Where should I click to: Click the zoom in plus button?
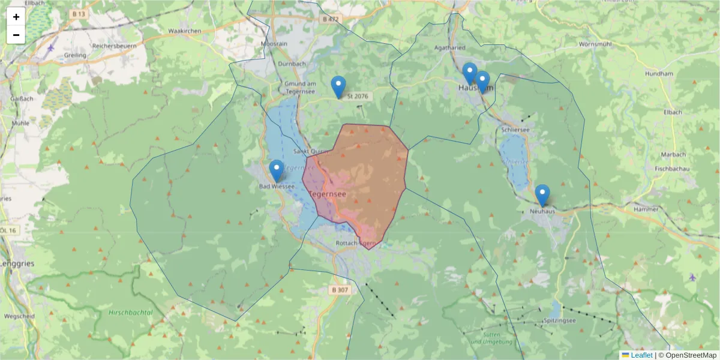[16, 17]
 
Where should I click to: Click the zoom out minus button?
[16, 35]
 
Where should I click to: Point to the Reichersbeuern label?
[114, 46]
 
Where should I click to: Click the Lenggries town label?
[17, 263]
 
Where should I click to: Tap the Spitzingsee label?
[559, 321]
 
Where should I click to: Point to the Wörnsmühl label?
[595, 44]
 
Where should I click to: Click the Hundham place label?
[658, 73]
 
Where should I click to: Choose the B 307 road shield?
[340, 290]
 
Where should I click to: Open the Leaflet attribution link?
[641, 355]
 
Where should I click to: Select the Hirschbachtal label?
[131, 313]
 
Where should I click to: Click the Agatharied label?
[449, 46]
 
